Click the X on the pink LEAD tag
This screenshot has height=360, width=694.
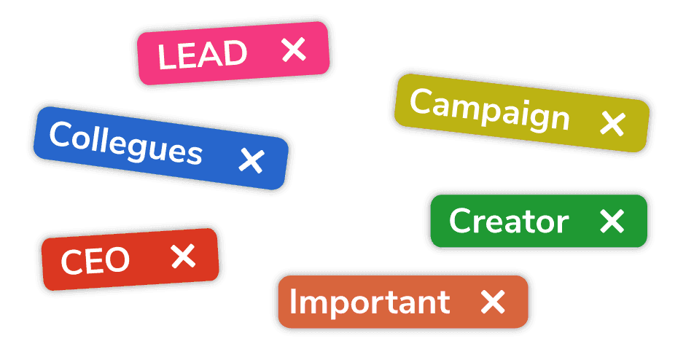pyautogui.click(x=294, y=49)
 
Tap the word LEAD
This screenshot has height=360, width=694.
pyautogui.click(x=202, y=55)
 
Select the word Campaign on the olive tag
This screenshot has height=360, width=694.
pyautogui.click(x=490, y=110)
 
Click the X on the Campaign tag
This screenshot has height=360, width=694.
pyautogui.click(x=612, y=123)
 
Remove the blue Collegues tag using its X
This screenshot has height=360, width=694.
pyautogui.click(x=252, y=160)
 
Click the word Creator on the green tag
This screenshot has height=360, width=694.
pyautogui.click(x=509, y=221)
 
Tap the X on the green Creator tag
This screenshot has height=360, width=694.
pyautogui.click(x=612, y=221)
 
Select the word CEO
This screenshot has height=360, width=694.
pyautogui.click(x=95, y=260)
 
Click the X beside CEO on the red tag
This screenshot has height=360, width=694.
pyautogui.click(x=183, y=256)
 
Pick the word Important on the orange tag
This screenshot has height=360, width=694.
pyautogui.click(x=370, y=303)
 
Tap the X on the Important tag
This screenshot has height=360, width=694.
pyautogui.click(x=493, y=302)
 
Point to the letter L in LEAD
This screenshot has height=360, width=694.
pyautogui.click(x=166, y=58)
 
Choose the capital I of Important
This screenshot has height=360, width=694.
pyautogui.click(x=292, y=301)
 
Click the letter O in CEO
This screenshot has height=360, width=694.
pyautogui.click(x=117, y=259)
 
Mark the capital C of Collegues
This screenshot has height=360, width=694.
pyautogui.click(x=61, y=134)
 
